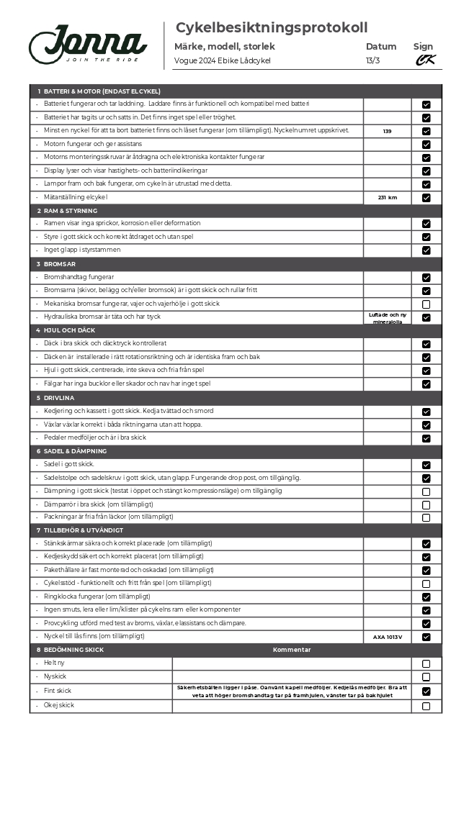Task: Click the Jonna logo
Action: click(88, 44)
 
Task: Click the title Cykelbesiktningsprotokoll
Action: click(272, 28)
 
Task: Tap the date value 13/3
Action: click(372, 61)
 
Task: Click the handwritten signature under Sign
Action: click(425, 60)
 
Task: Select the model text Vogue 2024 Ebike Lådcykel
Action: click(222, 61)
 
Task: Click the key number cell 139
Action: click(387, 131)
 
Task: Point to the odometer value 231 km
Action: click(387, 197)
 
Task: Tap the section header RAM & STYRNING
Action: click(70, 211)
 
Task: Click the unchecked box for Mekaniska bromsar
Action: click(426, 304)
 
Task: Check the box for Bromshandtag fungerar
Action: click(426, 278)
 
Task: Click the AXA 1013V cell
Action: click(387, 637)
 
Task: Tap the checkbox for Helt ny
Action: click(426, 664)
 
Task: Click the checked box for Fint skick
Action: click(426, 691)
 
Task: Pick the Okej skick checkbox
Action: click(426, 706)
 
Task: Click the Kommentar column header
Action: click(292, 650)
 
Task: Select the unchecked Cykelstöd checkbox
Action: click(426, 584)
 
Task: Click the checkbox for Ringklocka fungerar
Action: click(426, 597)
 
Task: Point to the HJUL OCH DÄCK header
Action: click(69, 330)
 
